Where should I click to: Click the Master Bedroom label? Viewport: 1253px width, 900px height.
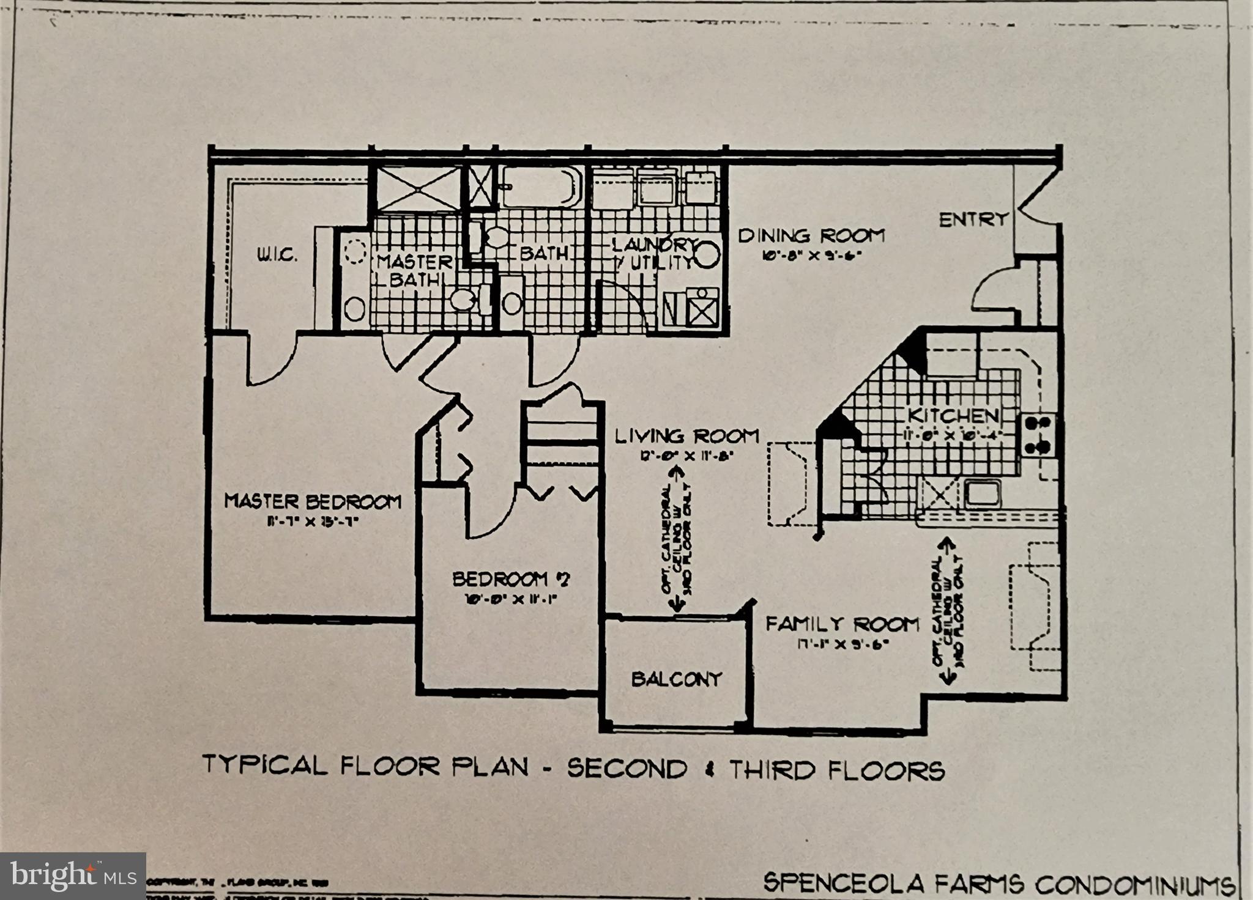pos(313,501)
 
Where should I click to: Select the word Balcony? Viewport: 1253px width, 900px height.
pos(677,679)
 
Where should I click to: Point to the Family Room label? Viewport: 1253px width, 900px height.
pos(842,624)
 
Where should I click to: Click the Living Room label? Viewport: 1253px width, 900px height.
pos(686,437)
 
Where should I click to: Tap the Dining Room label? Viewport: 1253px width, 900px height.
pos(811,235)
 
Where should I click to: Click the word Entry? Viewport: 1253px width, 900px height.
pos(973,219)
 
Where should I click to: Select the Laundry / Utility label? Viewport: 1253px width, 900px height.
pos(653,253)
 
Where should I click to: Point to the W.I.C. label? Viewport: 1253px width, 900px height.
pos(277,255)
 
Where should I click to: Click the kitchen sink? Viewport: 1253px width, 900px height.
pos(983,493)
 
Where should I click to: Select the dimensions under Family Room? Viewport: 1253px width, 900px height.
pos(842,644)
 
